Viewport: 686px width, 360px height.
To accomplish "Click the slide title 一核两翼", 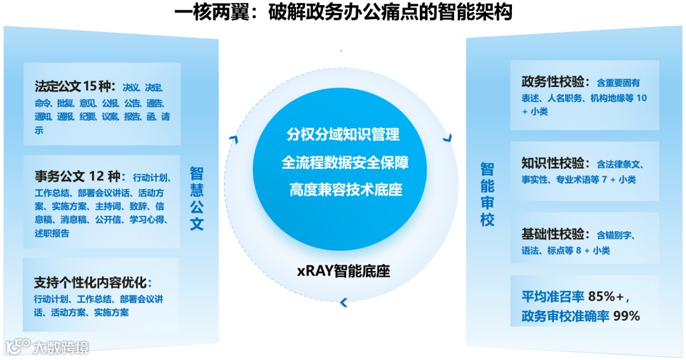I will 343,12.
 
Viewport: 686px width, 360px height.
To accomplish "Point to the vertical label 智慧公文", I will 197,198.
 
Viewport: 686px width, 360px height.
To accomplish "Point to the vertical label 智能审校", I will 487,194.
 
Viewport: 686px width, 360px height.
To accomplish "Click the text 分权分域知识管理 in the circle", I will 343,135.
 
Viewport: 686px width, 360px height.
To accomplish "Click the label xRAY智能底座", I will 343,272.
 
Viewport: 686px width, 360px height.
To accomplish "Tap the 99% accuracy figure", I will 626,316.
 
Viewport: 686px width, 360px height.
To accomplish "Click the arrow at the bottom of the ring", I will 344,303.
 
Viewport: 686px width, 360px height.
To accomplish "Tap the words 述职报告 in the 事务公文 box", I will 52,233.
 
